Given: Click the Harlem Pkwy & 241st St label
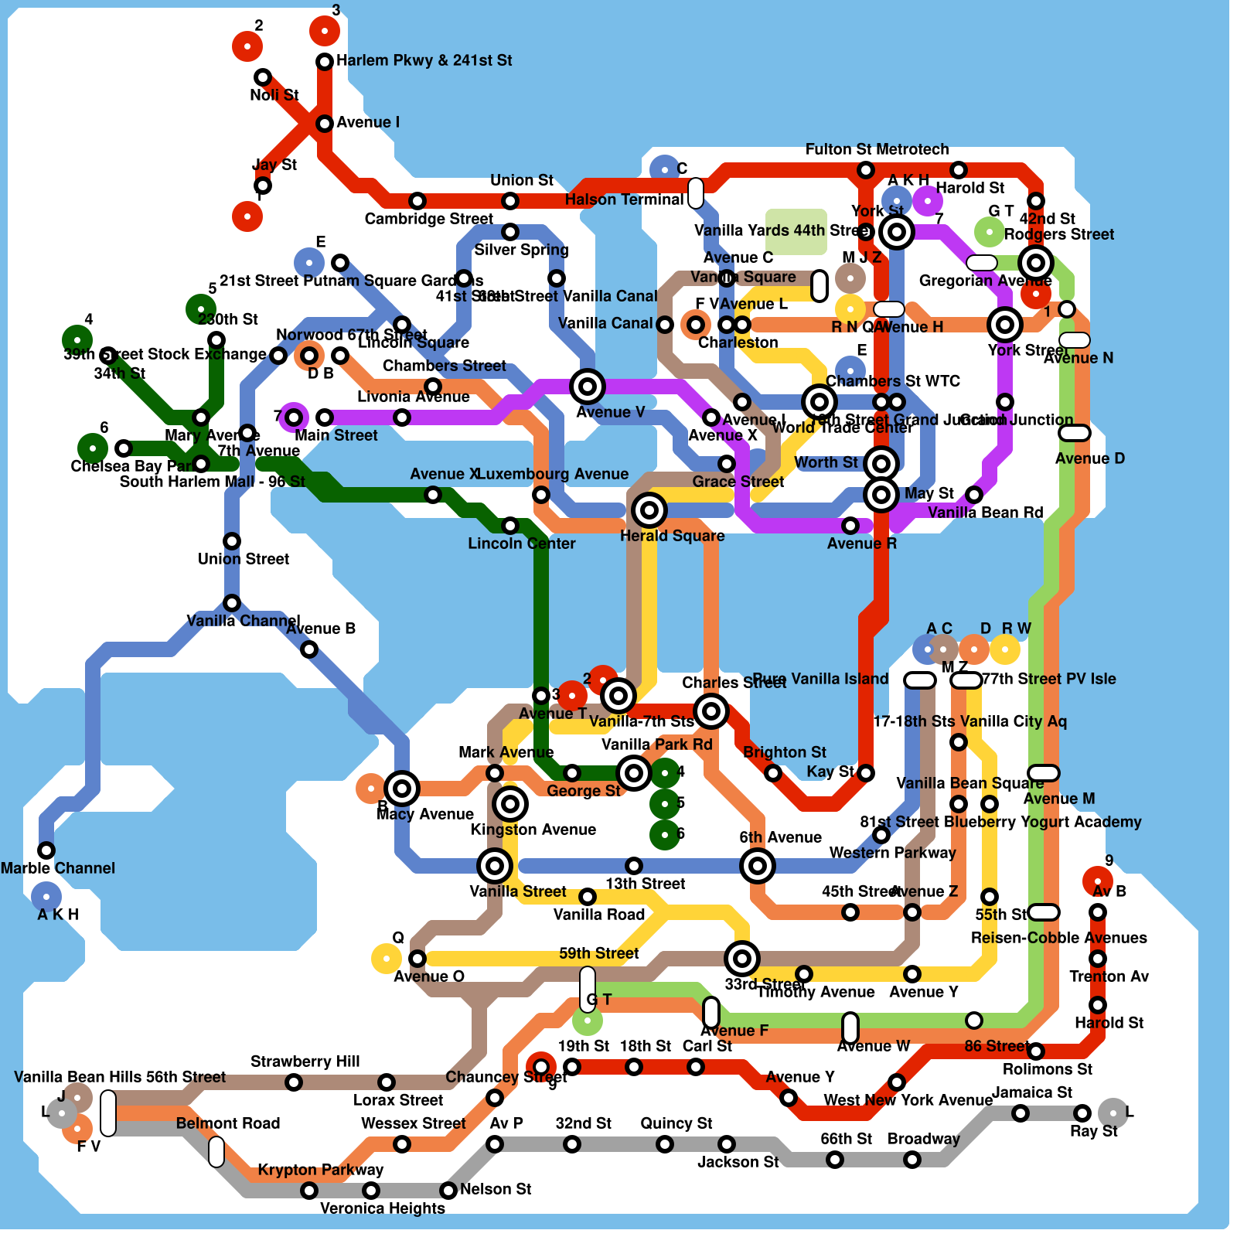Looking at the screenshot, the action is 424,60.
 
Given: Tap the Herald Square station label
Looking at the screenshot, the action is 672,536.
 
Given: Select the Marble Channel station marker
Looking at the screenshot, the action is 46,850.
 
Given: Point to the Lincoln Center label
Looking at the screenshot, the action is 521,544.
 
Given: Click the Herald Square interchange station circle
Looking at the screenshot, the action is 649,509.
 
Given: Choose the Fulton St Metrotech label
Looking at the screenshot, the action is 877,149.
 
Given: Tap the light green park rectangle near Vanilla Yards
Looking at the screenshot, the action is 796,231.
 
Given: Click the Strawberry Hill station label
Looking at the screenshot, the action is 305,1062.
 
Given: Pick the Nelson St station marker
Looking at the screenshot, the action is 448,1190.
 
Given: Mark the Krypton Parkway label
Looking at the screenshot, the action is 320,1170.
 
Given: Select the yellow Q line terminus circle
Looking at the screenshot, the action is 386,959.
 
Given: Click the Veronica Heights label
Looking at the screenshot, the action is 382,1208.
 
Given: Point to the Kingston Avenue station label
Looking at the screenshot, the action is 533,830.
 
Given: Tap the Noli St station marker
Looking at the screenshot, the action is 263,77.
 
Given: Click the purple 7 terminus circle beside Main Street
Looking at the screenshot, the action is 294,417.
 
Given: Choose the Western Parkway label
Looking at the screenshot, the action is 892,853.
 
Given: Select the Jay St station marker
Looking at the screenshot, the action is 263,186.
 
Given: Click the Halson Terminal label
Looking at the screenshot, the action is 624,199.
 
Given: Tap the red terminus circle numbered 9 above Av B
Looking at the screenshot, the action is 1097,881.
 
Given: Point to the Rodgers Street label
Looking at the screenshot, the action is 1058,234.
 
